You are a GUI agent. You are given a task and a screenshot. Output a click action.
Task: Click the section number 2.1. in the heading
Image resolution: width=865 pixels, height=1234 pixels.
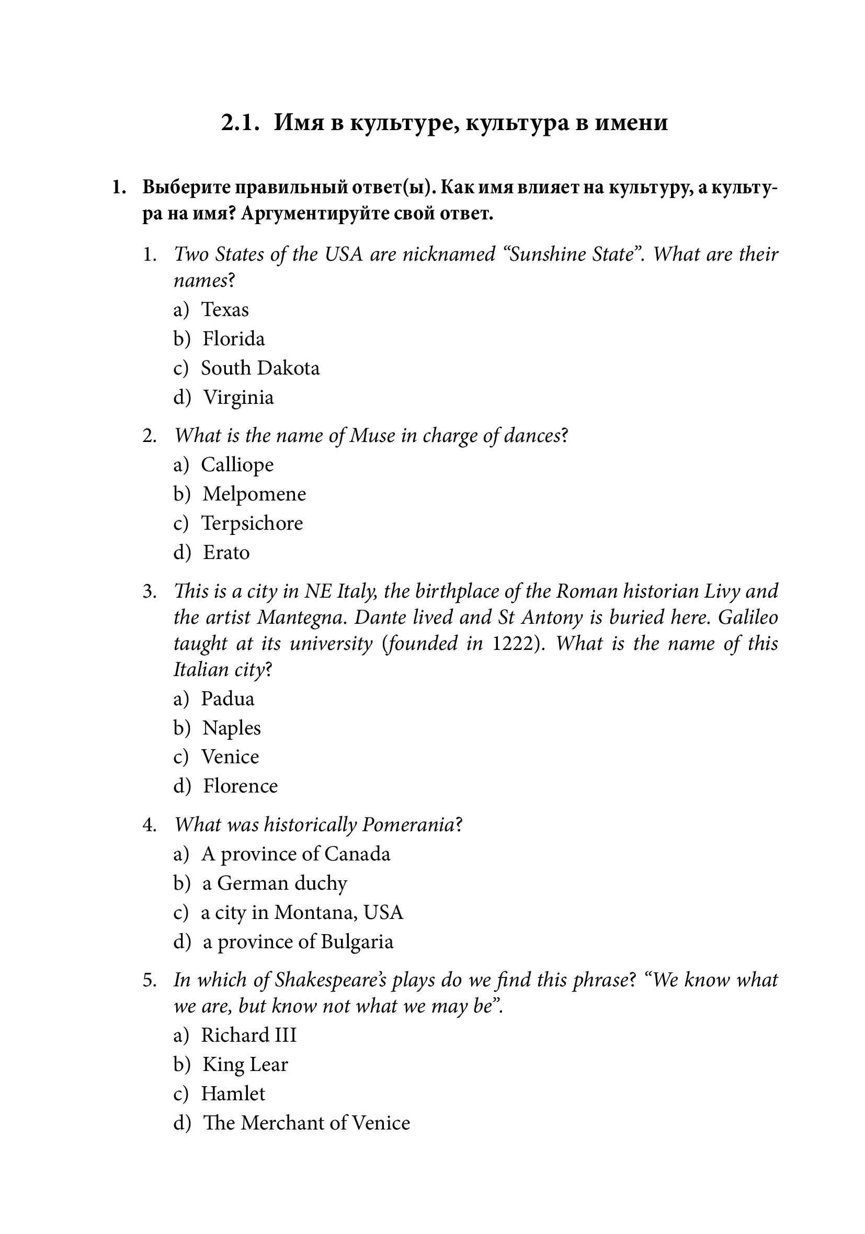click(241, 123)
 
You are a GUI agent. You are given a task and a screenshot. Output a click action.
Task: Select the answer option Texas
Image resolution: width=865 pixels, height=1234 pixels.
click(224, 310)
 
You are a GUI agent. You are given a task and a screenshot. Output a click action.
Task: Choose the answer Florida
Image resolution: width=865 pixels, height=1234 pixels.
click(233, 339)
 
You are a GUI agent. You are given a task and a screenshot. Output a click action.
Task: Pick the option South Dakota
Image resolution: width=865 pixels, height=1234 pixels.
click(260, 368)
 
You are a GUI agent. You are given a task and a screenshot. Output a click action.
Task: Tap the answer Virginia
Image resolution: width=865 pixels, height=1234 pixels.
click(238, 398)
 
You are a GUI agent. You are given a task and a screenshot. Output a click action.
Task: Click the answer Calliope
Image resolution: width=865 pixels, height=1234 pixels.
click(237, 465)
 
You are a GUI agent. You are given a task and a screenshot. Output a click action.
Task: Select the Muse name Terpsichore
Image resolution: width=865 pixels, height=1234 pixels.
click(252, 523)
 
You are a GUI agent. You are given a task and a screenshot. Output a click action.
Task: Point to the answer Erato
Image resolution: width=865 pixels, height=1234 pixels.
click(226, 553)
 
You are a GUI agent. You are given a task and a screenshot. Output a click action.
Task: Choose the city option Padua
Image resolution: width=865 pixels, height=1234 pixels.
click(227, 699)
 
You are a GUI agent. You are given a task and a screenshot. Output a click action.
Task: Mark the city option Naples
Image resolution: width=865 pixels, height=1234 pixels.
click(231, 728)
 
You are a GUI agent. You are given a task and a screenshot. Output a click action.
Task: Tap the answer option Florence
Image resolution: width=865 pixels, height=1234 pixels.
click(240, 786)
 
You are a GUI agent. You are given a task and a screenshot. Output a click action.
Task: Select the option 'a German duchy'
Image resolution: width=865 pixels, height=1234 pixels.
click(275, 883)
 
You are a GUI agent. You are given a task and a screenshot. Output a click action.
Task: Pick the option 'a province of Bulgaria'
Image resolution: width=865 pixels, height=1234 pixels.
click(298, 941)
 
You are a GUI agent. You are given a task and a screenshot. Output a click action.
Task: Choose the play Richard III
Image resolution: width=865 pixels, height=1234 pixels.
click(248, 1035)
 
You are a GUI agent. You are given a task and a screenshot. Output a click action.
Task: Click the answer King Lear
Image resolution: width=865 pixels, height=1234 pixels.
click(245, 1065)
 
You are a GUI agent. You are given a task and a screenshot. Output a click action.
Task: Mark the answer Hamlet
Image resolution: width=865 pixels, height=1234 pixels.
click(233, 1093)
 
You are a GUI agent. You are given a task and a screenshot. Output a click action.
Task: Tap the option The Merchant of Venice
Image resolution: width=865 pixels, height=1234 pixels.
click(306, 1123)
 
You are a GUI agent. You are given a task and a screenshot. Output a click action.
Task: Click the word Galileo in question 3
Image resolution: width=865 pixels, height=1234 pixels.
click(748, 618)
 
